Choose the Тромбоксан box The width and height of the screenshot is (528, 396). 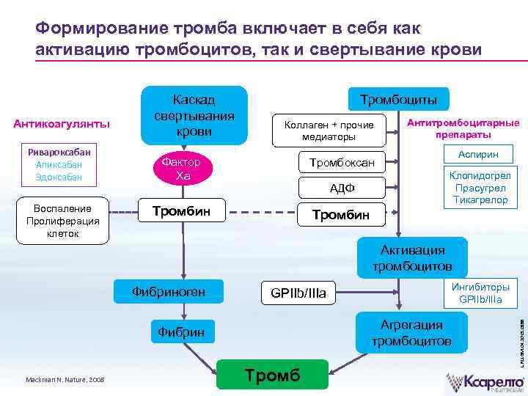point(342,162)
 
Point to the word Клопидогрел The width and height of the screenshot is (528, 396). point(481,176)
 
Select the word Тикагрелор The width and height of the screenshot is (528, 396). point(481,199)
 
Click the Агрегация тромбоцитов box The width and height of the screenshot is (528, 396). point(411,333)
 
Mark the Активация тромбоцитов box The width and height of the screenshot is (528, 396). point(411,257)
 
